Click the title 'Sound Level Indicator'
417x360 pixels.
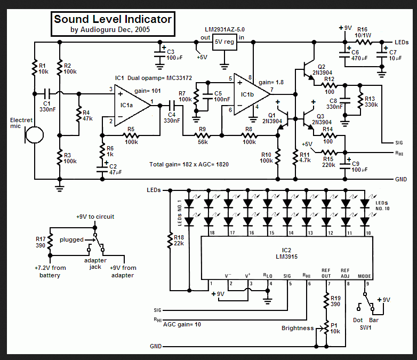113,20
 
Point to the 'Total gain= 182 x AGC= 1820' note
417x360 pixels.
189,164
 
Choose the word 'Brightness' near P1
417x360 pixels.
298,328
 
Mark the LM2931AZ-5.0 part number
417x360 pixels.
225,28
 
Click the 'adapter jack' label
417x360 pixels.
96,263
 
